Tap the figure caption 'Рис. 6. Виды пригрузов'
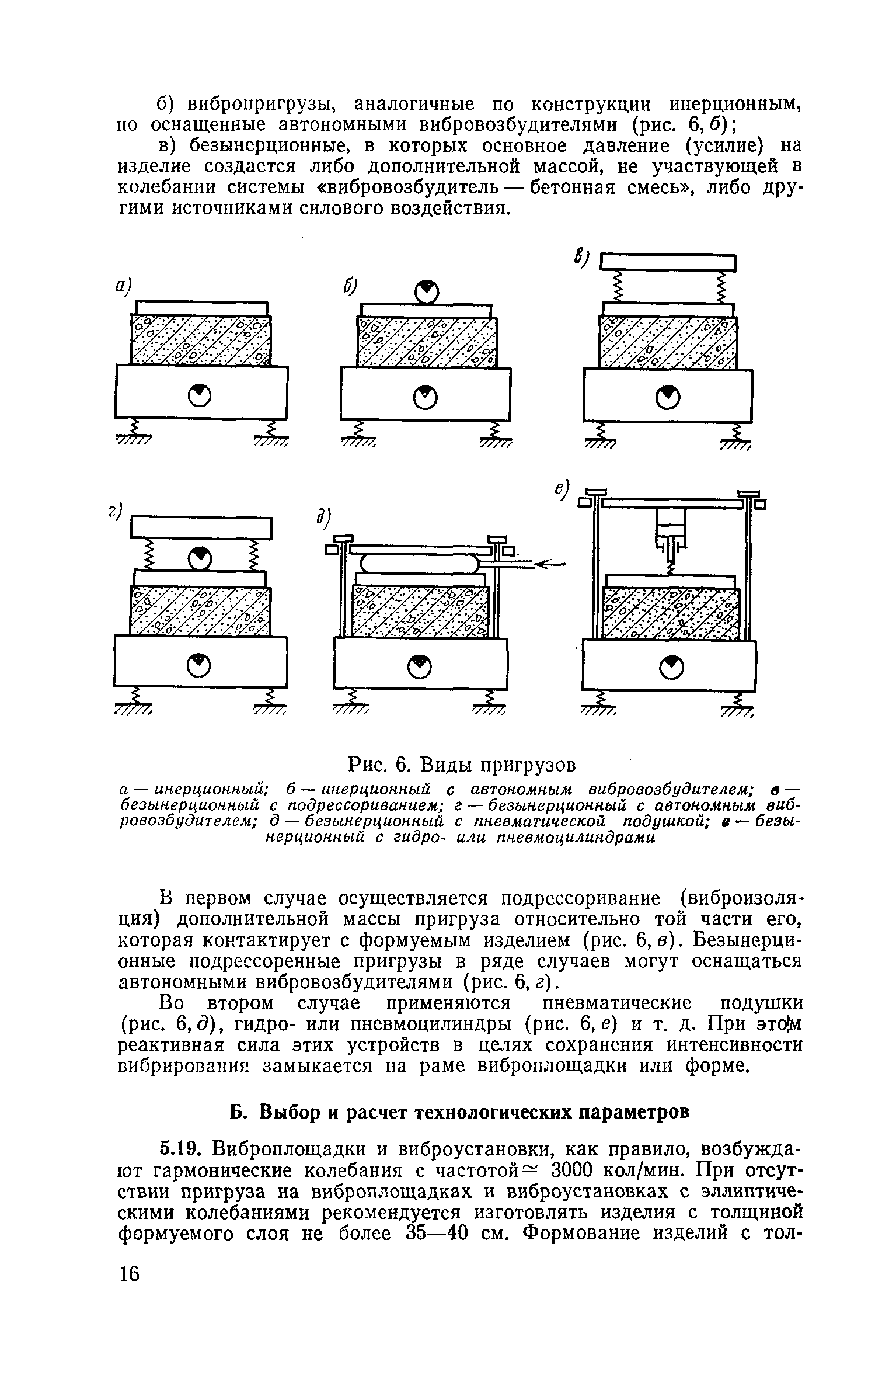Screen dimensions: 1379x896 point(461,764)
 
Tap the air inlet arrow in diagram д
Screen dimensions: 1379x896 point(549,564)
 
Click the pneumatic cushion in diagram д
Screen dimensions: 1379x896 point(419,564)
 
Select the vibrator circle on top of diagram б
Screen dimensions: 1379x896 point(427,291)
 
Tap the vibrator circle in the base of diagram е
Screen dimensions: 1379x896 point(671,665)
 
